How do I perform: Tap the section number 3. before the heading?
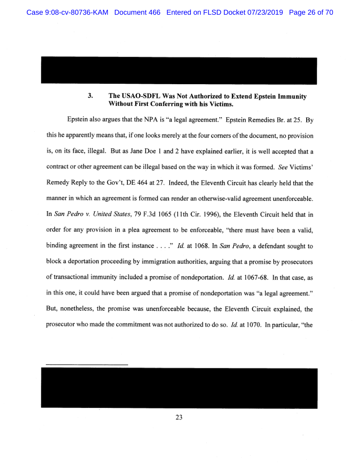pos(90,96)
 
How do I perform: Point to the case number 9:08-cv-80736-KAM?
pos(68,12)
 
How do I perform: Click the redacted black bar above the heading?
pos(179,70)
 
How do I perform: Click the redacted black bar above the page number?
pos(179,387)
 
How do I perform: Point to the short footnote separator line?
pos(87,365)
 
